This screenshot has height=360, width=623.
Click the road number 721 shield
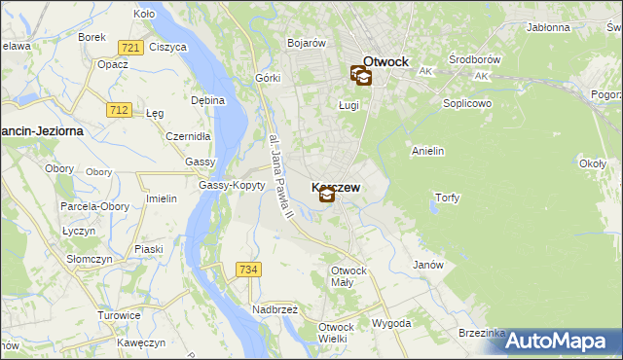129,47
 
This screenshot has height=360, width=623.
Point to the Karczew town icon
327,195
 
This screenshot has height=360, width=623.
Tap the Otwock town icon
359,75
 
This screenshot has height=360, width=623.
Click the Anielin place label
428,151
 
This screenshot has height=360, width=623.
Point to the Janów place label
428,265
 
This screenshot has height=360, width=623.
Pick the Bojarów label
306,43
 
